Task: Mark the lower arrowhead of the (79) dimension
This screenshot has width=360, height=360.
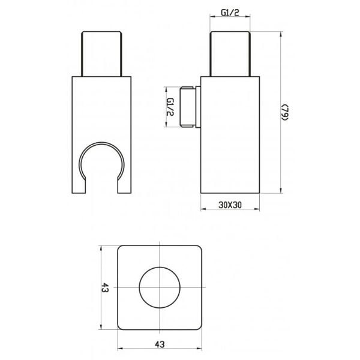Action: [x=281, y=191]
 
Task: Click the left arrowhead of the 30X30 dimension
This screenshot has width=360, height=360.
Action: [x=202, y=209]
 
